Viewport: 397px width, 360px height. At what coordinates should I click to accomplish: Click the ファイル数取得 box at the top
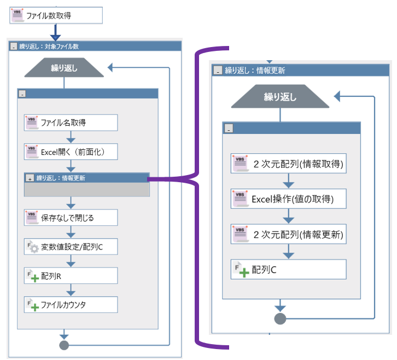56,15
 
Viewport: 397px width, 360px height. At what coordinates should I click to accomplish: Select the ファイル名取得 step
71,123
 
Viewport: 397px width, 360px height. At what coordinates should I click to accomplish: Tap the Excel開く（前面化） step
71,152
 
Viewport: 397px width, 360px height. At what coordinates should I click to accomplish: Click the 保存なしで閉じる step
71,217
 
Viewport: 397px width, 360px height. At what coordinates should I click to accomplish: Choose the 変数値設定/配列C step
71,246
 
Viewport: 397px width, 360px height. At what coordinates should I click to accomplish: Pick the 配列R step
71,276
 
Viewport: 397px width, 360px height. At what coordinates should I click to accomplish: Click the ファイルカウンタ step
71,305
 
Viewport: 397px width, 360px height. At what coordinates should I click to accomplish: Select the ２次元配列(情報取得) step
288,164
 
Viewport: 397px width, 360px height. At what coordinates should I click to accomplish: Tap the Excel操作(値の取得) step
288,199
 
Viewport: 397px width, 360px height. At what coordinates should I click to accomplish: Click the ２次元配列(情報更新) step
288,235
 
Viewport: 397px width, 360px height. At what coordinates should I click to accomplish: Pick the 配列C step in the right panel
288,270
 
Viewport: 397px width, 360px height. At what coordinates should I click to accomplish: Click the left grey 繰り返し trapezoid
64,68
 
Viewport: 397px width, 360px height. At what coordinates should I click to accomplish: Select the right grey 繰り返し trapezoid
280,97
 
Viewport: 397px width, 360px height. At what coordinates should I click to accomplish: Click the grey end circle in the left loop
64,345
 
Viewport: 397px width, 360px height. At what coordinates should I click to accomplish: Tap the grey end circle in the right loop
280,318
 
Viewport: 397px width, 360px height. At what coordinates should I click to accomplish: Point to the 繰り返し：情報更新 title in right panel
255,70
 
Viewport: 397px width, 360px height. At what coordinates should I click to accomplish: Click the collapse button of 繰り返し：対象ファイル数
14,47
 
